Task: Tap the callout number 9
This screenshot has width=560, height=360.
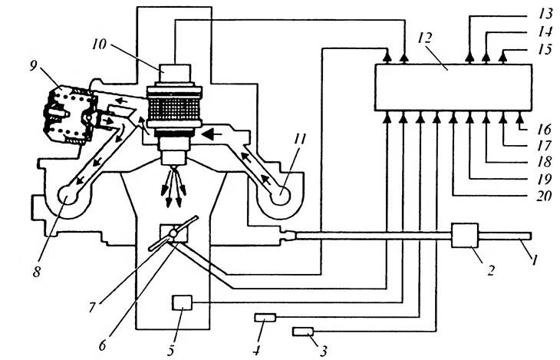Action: (x=33, y=66)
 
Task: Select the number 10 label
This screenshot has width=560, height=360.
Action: (x=99, y=45)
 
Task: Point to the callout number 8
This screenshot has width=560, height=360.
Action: (x=36, y=272)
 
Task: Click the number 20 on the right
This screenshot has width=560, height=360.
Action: (x=544, y=196)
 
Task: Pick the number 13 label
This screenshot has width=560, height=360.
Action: (x=545, y=14)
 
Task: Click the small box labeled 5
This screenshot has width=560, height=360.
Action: (x=182, y=302)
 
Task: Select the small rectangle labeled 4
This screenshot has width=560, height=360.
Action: (x=265, y=317)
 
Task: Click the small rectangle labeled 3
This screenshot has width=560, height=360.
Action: (x=303, y=332)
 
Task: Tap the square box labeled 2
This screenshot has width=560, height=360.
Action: (x=465, y=235)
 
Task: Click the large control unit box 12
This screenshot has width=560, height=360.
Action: (x=453, y=88)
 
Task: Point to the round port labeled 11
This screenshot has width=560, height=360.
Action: (x=281, y=194)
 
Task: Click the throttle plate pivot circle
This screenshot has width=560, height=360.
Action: (x=173, y=233)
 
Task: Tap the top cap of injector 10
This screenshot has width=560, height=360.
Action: (x=175, y=74)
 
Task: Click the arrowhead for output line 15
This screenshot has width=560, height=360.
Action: (x=503, y=58)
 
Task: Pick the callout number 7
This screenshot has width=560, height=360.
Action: (x=92, y=307)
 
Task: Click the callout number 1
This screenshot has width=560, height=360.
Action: (x=534, y=260)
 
